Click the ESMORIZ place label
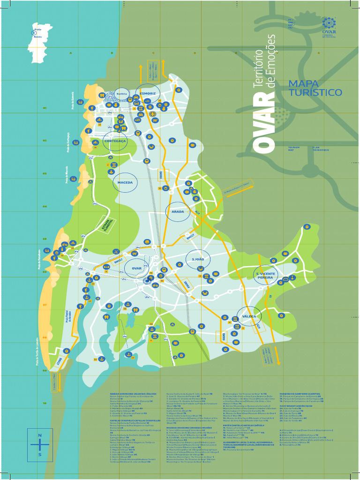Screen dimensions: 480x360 click(147, 94)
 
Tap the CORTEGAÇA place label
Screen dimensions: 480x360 click(115, 141)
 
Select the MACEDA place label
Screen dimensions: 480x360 click(125, 182)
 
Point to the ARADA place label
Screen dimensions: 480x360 click(178, 212)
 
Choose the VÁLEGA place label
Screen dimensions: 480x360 click(249, 317)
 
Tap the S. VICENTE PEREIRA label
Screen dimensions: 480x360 click(266, 275)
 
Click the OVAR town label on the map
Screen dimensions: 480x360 click(136, 268)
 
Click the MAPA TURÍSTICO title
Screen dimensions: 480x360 click(315, 88)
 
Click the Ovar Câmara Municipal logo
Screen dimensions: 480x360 click(329, 27)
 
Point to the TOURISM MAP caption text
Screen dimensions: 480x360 click(294, 149)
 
